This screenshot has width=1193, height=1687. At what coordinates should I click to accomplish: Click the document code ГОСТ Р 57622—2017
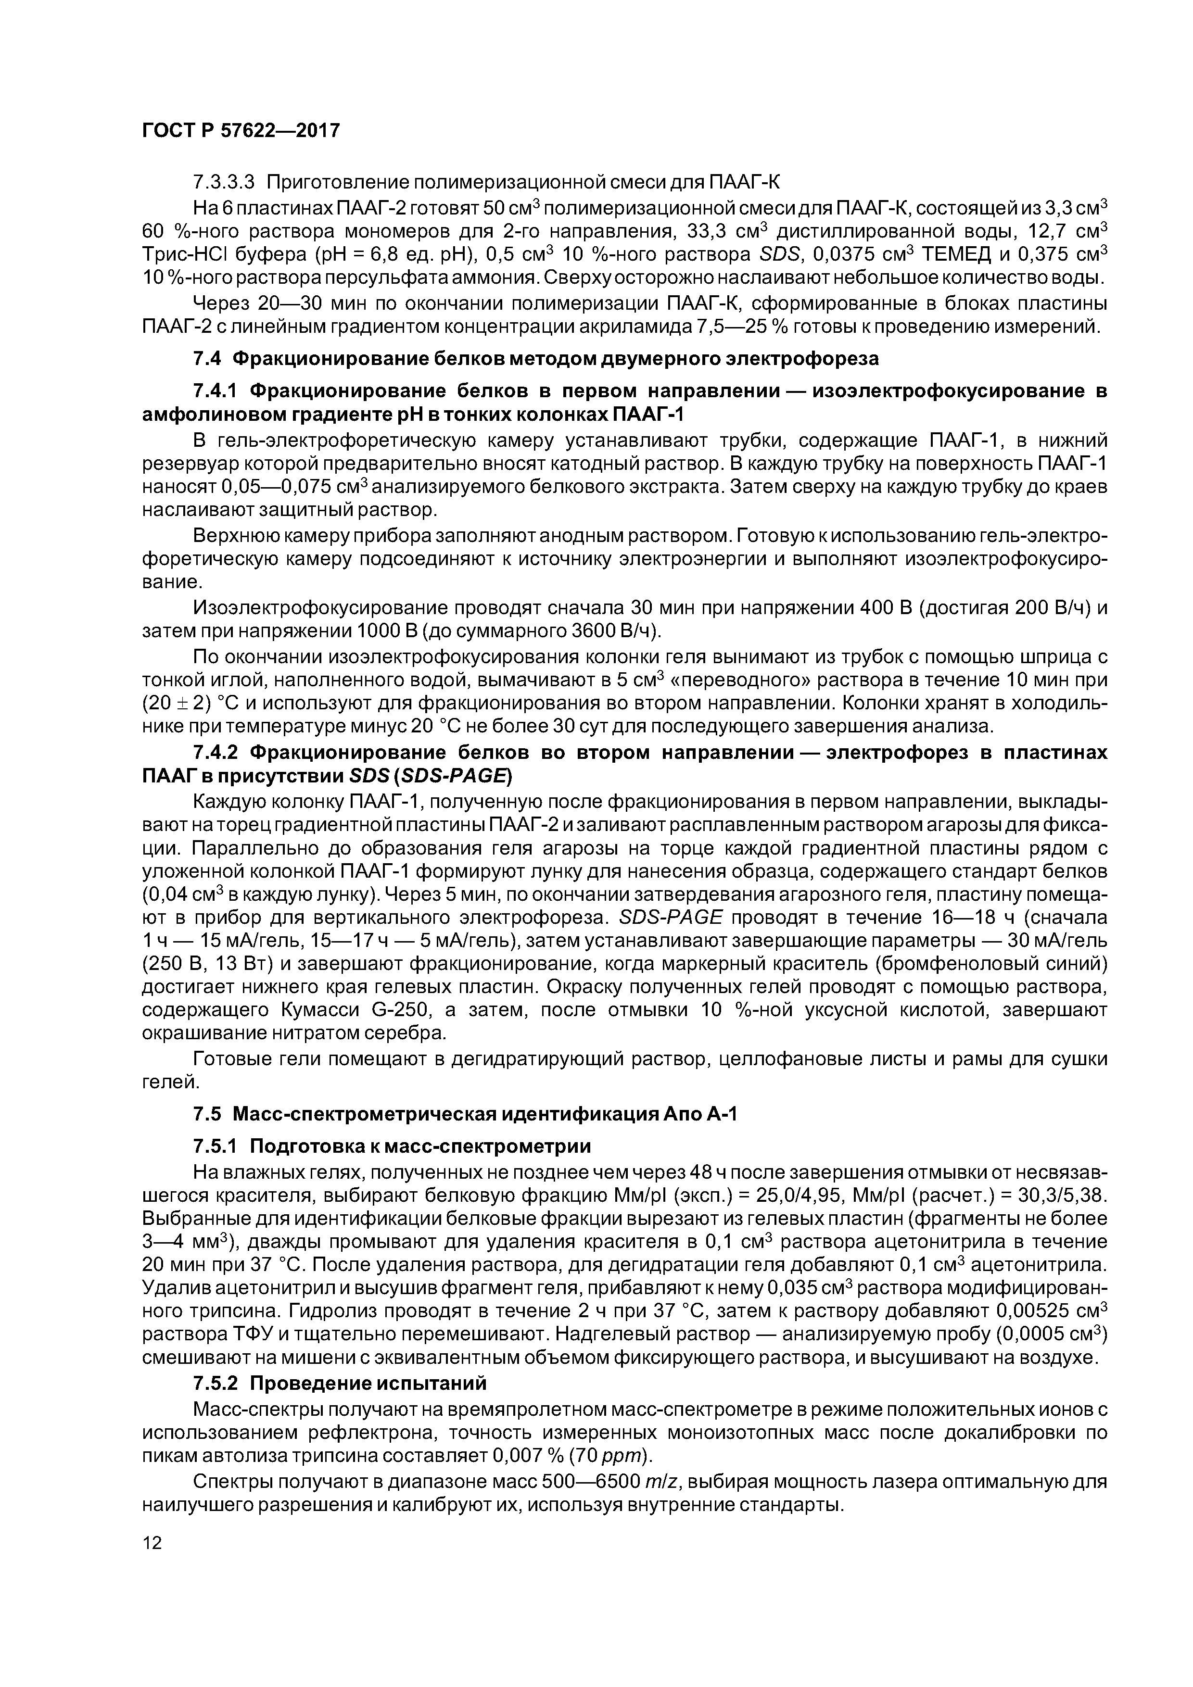(x=241, y=131)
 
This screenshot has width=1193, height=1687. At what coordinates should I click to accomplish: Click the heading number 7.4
(x=206, y=359)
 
